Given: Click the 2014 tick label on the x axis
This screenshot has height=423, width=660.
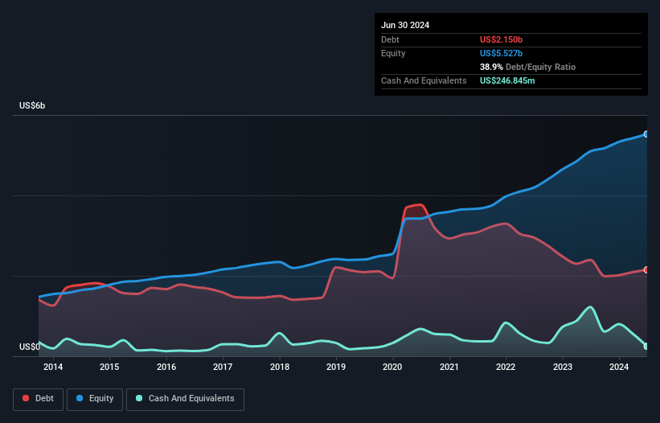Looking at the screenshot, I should [53, 368].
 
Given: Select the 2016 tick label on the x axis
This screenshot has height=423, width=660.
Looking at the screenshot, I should [166, 368].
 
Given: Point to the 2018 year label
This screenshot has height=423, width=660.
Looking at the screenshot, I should [280, 368].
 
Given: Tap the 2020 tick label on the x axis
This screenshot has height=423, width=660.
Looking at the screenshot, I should [392, 368].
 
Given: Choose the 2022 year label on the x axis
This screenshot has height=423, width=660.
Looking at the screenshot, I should [506, 368].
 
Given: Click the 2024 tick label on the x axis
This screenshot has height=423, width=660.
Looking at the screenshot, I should [619, 368].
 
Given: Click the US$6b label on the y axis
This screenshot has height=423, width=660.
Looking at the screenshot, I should [32, 106].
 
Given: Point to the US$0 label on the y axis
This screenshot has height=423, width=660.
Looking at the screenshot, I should [29, 347].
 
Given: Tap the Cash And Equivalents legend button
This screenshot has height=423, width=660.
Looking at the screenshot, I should [185, 399].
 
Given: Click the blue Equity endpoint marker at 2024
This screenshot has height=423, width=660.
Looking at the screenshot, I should [646, 134].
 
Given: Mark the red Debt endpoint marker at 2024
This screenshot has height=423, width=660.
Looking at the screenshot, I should [646, 270].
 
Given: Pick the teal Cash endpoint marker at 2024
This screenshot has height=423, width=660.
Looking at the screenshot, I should [646, 347].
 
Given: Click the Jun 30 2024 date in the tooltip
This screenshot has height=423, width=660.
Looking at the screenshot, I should [405, 25].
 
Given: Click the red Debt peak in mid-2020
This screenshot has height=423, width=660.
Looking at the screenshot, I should [420, 205].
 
